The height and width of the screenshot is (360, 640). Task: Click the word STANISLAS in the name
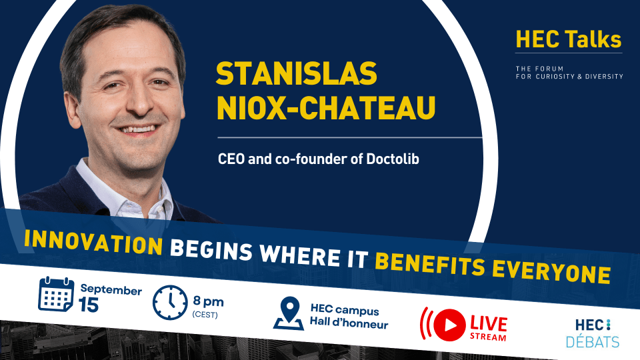point(296,73)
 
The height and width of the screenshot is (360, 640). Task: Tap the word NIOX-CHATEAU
point(326,108)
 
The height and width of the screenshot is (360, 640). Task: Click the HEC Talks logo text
point(569,39)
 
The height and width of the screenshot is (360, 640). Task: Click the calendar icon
point(56,294)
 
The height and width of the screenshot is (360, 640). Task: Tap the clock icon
point(170,303)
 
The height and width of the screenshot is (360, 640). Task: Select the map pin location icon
point(289,313)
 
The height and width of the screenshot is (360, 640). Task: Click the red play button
point(449,325)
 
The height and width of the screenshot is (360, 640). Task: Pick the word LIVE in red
point(489,324)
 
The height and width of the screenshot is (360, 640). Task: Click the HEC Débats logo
point(593,333)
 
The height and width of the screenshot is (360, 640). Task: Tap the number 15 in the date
point(89,305)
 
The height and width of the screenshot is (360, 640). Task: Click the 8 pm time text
point(208,301)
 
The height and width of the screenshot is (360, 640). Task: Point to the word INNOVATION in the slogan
point(93,242)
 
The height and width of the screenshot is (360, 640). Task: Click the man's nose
point(139,103)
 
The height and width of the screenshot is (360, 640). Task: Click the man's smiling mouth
point(137,130)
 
